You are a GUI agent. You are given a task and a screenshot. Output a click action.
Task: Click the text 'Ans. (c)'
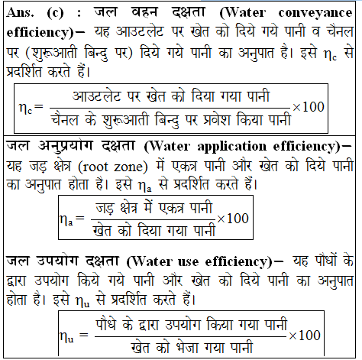click(34, 13)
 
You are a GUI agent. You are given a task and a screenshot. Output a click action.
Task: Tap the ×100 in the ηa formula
click(233, 218)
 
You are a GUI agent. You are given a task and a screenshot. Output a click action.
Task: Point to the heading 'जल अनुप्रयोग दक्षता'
click(69, 145)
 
